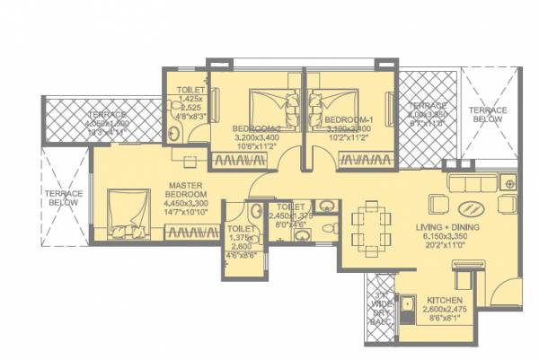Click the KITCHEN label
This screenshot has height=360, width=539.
click(444, 301)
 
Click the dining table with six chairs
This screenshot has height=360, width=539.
click(370, 228)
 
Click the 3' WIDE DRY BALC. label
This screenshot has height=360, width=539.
click(381, 306)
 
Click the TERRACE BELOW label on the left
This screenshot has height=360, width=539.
click(64, 198)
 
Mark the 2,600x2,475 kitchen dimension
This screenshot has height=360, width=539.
click(444, 311)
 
